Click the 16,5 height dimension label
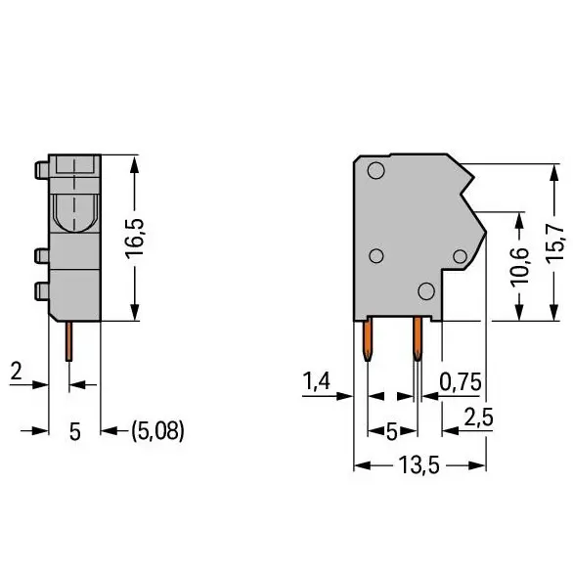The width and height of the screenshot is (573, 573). (135, 239)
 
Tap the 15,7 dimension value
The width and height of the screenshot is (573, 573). (554, 243)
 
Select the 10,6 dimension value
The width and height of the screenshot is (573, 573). (519, 266)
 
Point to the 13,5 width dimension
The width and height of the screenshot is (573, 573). (419, 464)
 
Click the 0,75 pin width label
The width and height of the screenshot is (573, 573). (461, 382)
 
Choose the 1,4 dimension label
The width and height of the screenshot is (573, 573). (317, 380)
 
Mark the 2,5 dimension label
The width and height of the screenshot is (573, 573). (478, 417)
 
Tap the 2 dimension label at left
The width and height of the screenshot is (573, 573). (17, 371)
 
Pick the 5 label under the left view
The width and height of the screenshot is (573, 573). (75, 431)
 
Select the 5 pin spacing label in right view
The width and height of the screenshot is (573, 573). (392, 432)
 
